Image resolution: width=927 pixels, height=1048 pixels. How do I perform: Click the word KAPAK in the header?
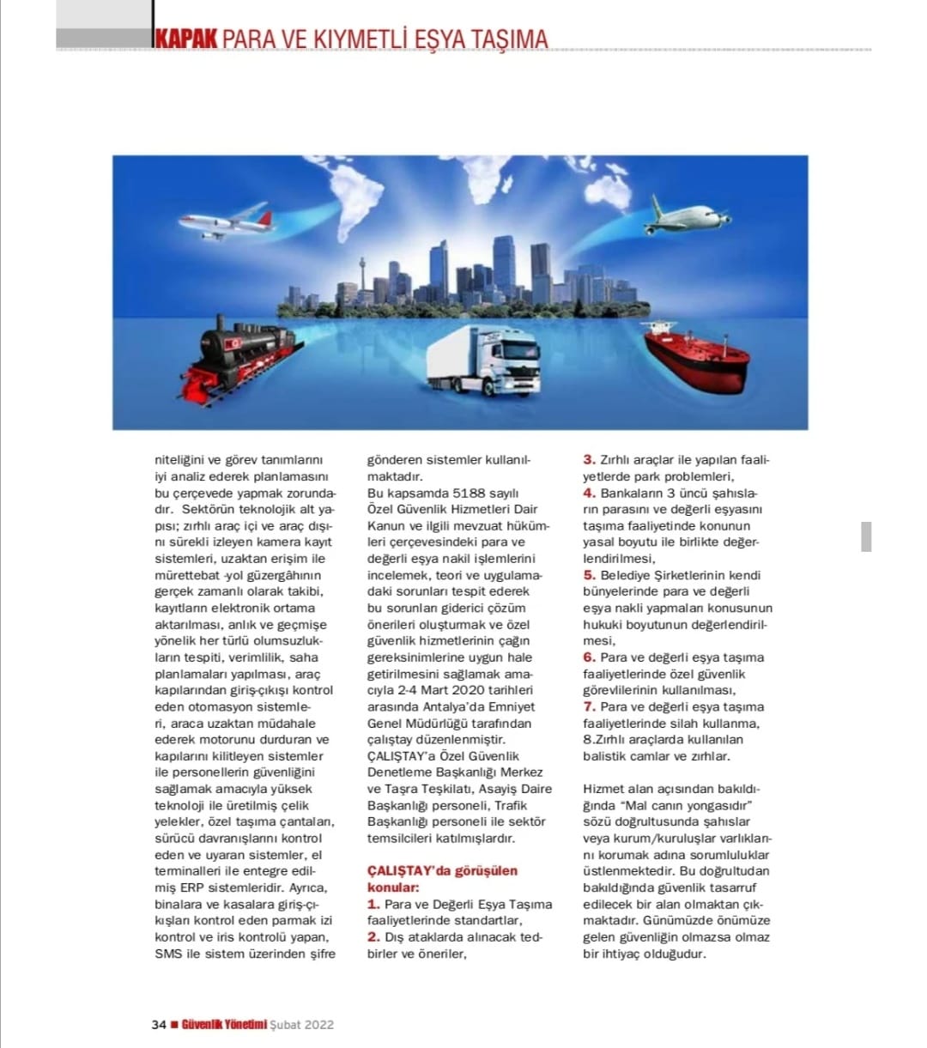click(x=185, y=39)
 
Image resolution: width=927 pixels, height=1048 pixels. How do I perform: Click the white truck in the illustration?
click(x=485, y=360)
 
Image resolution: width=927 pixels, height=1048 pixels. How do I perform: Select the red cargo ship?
click(x=695, y=356)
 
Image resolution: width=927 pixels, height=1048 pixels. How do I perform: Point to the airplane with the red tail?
click(x=227, y=221)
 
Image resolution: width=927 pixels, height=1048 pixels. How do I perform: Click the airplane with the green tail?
click(x=687, y=217)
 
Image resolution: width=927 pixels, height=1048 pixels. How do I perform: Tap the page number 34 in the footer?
click(x=159, y=1024)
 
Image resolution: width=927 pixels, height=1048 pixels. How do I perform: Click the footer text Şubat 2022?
click(x=301, y=1024)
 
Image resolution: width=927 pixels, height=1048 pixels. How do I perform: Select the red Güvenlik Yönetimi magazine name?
click(x=224, y=1024)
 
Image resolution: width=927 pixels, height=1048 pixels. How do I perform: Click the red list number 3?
click(x=590, y=460)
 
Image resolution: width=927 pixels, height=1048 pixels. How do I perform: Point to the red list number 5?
click(x=590, y=575)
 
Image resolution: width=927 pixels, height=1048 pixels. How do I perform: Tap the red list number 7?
click(x=590, y=706)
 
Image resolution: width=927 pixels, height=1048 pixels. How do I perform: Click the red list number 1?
click(x=373, y=904)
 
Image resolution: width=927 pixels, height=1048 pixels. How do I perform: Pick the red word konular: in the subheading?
click(x=393, y=887)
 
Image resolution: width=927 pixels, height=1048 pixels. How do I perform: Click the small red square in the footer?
click(x=174, y=1024)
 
